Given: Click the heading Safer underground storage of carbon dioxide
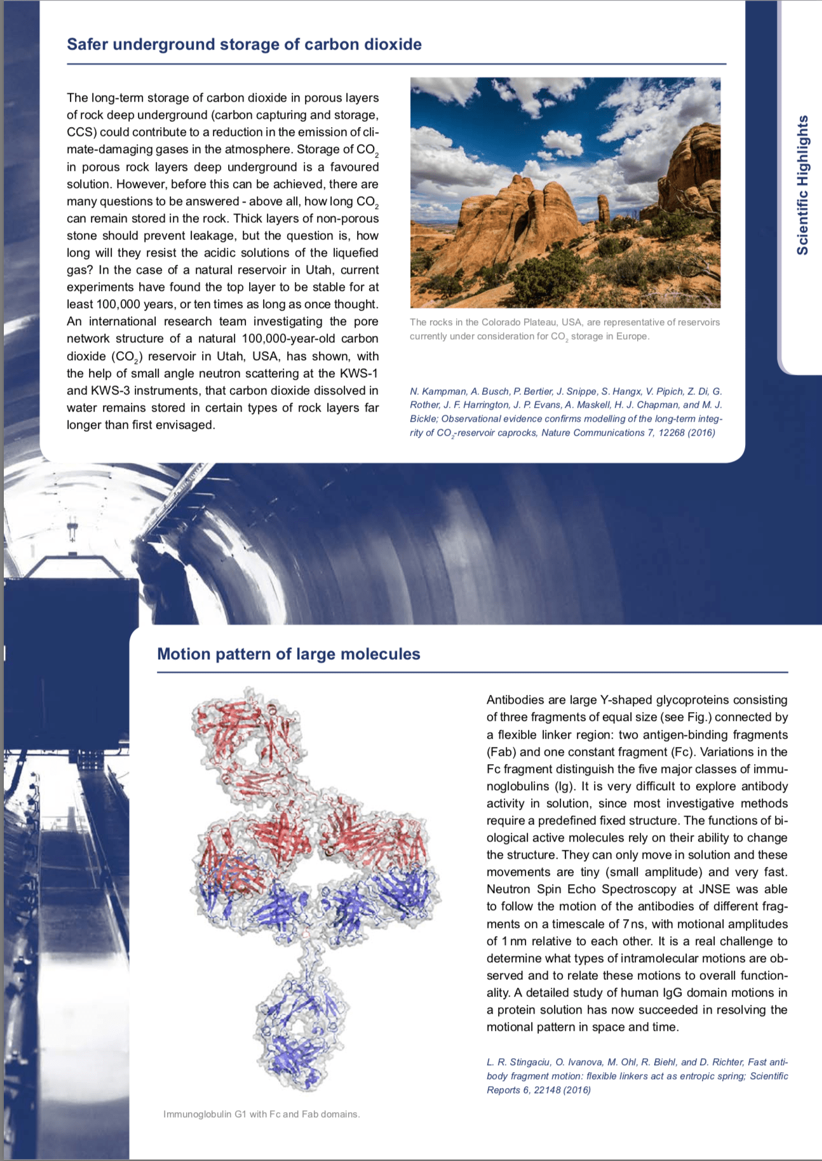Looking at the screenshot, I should [244, 44].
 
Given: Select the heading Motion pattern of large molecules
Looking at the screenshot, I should [288, 654].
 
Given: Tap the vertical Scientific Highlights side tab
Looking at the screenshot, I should [802, 185].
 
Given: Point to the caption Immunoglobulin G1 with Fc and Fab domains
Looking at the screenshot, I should [261, 1114].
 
